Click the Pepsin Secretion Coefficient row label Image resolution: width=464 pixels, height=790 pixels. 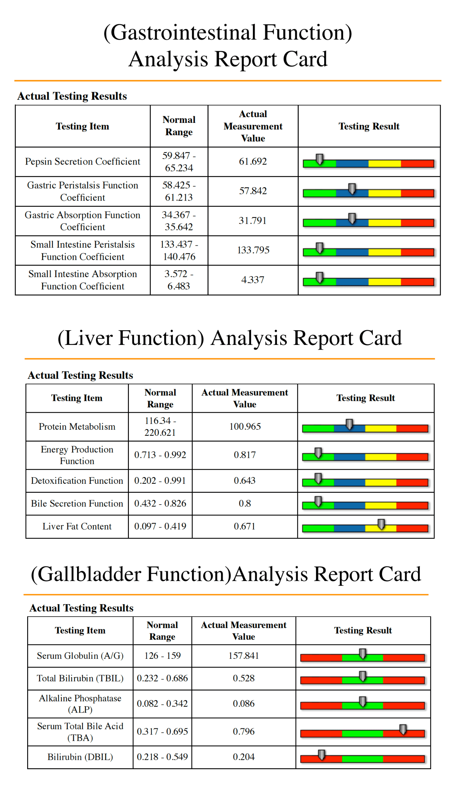pos(83,162)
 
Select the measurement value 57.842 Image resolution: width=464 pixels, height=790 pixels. pos(253,191)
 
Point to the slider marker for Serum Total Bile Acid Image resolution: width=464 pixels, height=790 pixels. pos(403,729)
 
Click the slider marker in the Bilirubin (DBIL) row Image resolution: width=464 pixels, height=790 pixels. pos(321,755)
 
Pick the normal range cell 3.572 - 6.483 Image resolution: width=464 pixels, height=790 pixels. pos(179,280)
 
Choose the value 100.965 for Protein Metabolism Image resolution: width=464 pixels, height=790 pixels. pos(245,427)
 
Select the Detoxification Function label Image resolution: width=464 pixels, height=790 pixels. pos(77,481)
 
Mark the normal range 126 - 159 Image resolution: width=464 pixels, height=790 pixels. pos(162,656)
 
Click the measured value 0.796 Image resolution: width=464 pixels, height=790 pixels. pos(244,731)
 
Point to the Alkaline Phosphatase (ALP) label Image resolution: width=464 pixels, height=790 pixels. pos(80,704)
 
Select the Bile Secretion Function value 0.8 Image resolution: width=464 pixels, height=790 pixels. pos(245,503)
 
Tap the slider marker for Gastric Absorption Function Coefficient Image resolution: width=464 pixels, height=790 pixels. pos(352,219)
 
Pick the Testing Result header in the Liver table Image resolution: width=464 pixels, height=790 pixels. pos(366,398)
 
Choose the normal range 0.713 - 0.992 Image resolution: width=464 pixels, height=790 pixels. pos(160,455)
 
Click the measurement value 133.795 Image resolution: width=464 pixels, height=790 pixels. pos(253,250)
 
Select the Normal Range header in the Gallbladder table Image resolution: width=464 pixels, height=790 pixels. pos(162,631)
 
